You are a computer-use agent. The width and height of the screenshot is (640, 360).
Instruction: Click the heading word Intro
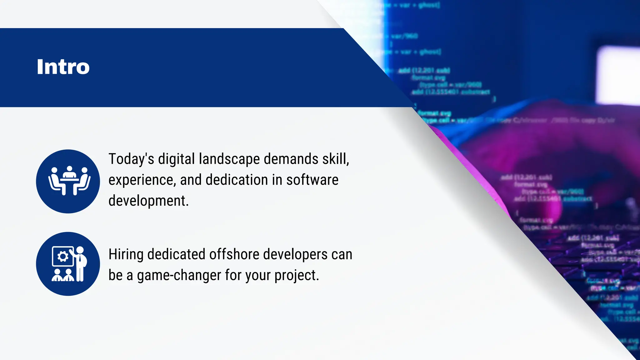[x=63, y=67]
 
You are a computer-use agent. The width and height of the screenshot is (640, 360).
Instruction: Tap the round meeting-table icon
[x=68, y=182]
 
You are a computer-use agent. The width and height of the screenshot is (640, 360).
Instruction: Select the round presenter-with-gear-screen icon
[x=68, y=264]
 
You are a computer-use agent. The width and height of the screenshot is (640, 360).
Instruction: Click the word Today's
[x=131, y=159]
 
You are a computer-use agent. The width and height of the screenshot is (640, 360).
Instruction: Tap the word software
[x=312, y=180]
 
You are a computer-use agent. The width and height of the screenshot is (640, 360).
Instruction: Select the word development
[x=148, y=201]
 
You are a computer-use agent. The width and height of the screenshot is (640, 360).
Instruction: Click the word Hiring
[x=126, y=254]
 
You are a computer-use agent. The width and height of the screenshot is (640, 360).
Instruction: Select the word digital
[x=177, y=159]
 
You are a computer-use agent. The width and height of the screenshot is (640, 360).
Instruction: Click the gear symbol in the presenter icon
[x=63, y=257]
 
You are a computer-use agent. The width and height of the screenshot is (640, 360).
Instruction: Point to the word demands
[x=291, y=159]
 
